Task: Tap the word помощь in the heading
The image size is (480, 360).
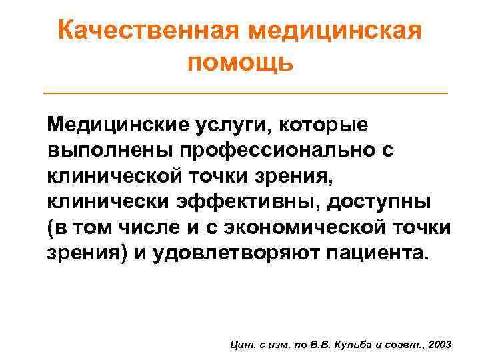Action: (240, 63)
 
